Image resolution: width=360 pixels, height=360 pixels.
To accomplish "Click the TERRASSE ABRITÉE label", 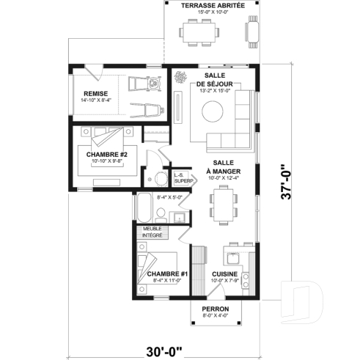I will tap(212, 4).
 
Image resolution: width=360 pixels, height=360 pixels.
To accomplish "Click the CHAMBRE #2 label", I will tap(106, 154).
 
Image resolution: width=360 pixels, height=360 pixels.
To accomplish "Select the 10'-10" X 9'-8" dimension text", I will tap(106, 161).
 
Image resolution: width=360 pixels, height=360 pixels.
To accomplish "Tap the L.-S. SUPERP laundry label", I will tap(183, 177).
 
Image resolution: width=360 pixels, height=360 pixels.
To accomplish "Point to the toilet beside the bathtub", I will tap(159, 214).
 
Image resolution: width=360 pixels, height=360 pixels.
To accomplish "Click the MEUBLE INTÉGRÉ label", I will tap(152, 232).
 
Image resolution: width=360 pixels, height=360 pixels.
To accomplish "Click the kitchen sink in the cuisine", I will tap(233, 257).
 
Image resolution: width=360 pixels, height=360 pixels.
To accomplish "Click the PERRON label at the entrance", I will tap(216, 309).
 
